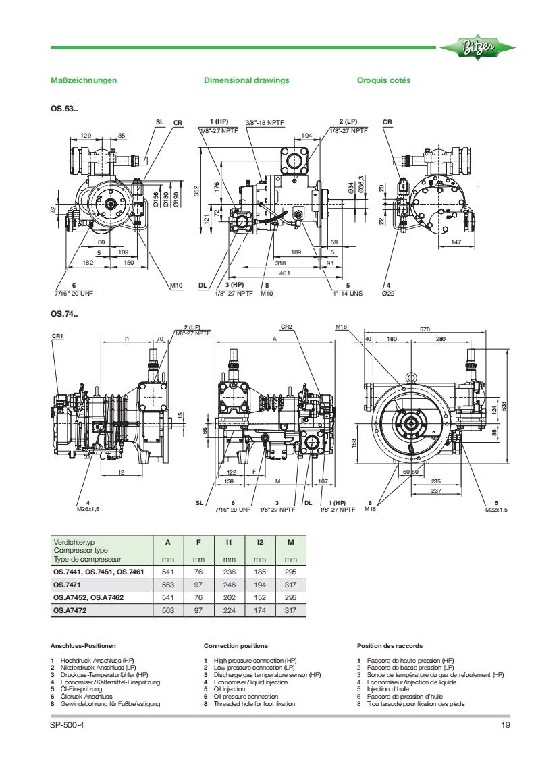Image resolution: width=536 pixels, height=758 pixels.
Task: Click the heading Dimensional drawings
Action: [246, 80]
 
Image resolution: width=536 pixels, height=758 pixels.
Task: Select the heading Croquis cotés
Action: [383, 80]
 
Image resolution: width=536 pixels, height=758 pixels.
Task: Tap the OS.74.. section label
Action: [64, 313]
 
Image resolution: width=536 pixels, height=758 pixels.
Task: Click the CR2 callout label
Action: [286, 327]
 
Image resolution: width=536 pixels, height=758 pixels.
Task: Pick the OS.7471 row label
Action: [68, 585]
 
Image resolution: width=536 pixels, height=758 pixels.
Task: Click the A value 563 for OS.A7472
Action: [168, 610]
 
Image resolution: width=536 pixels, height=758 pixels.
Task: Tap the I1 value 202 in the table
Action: [229, 597]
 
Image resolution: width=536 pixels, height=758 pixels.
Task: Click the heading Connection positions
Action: [236, 646]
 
